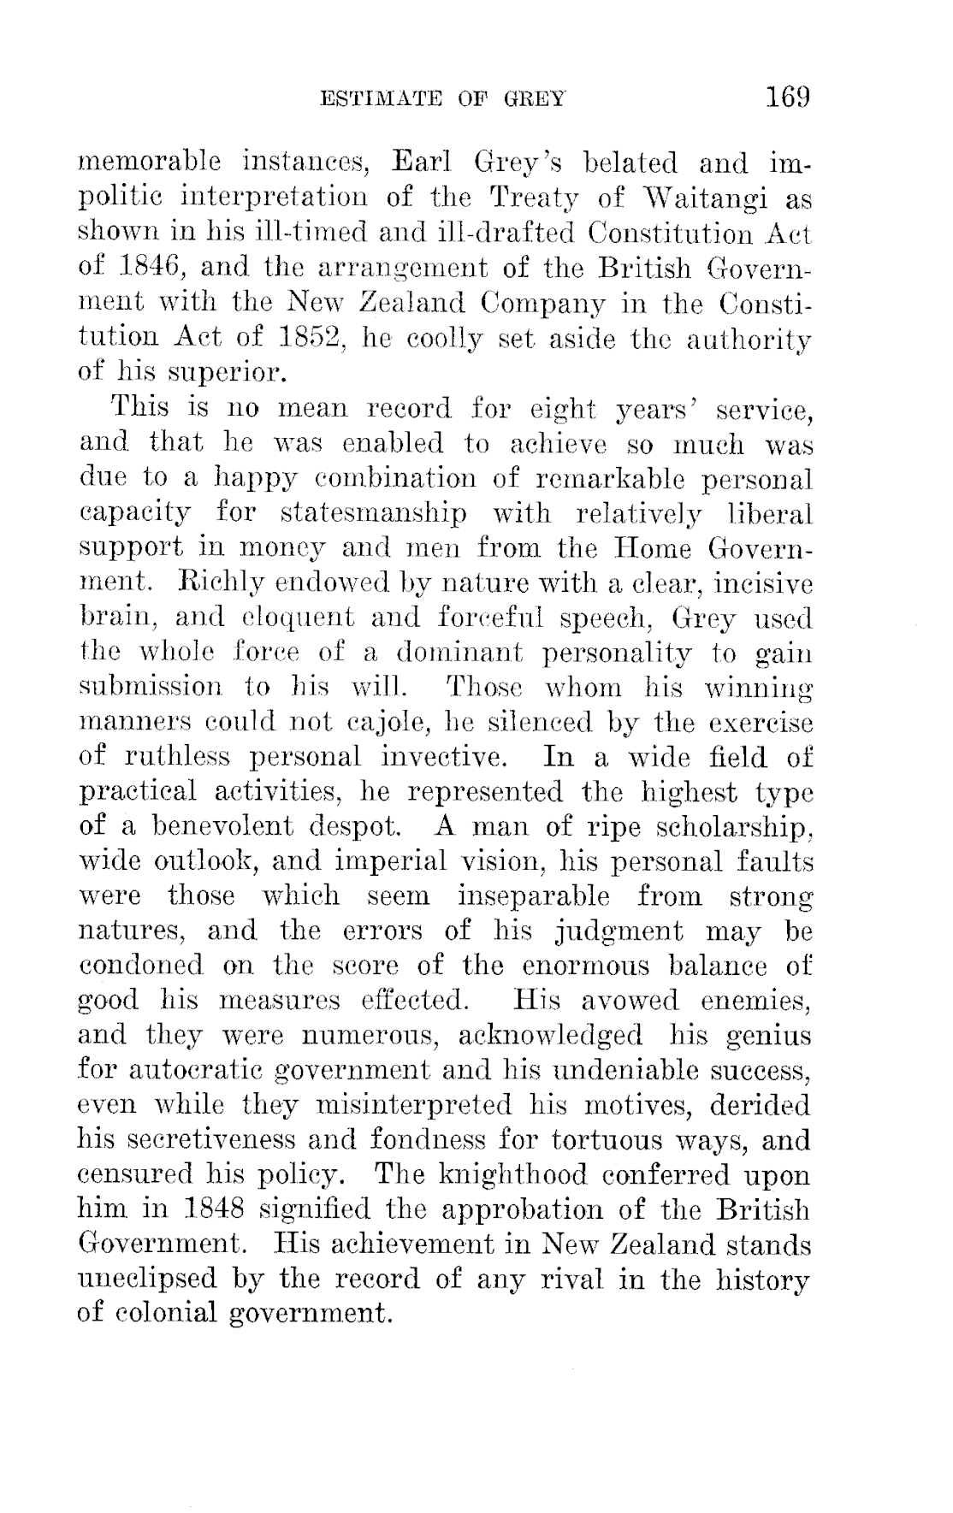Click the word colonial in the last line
[163, 1315]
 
